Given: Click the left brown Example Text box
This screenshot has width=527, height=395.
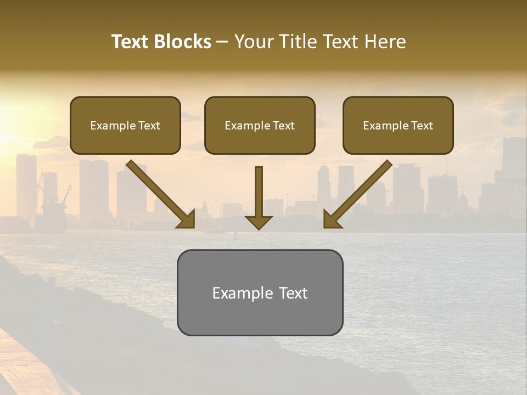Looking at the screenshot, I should pyautogui.click(x=125, y=125).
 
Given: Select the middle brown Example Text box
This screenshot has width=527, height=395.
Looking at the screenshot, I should pyautogui.click(x=260, y=125).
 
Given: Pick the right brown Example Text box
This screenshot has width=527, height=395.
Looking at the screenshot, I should pyautogui.click(x=398, y=125).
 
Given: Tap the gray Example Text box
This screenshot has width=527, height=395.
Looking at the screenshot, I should pyautogui.click(x=260, y=292).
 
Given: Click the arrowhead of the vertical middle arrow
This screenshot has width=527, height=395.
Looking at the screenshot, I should pyautogui.click(x=259, y=222).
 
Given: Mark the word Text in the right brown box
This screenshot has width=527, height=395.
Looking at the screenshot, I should pyautogui.click(x=422, y=126).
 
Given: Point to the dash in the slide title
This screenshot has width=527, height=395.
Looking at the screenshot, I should pyautogui.click(x=222, y=42).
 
